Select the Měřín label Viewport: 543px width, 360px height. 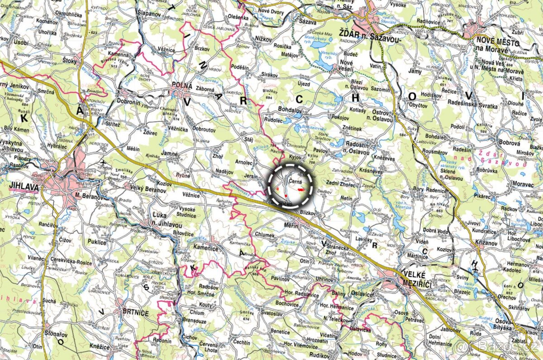[290, 224]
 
